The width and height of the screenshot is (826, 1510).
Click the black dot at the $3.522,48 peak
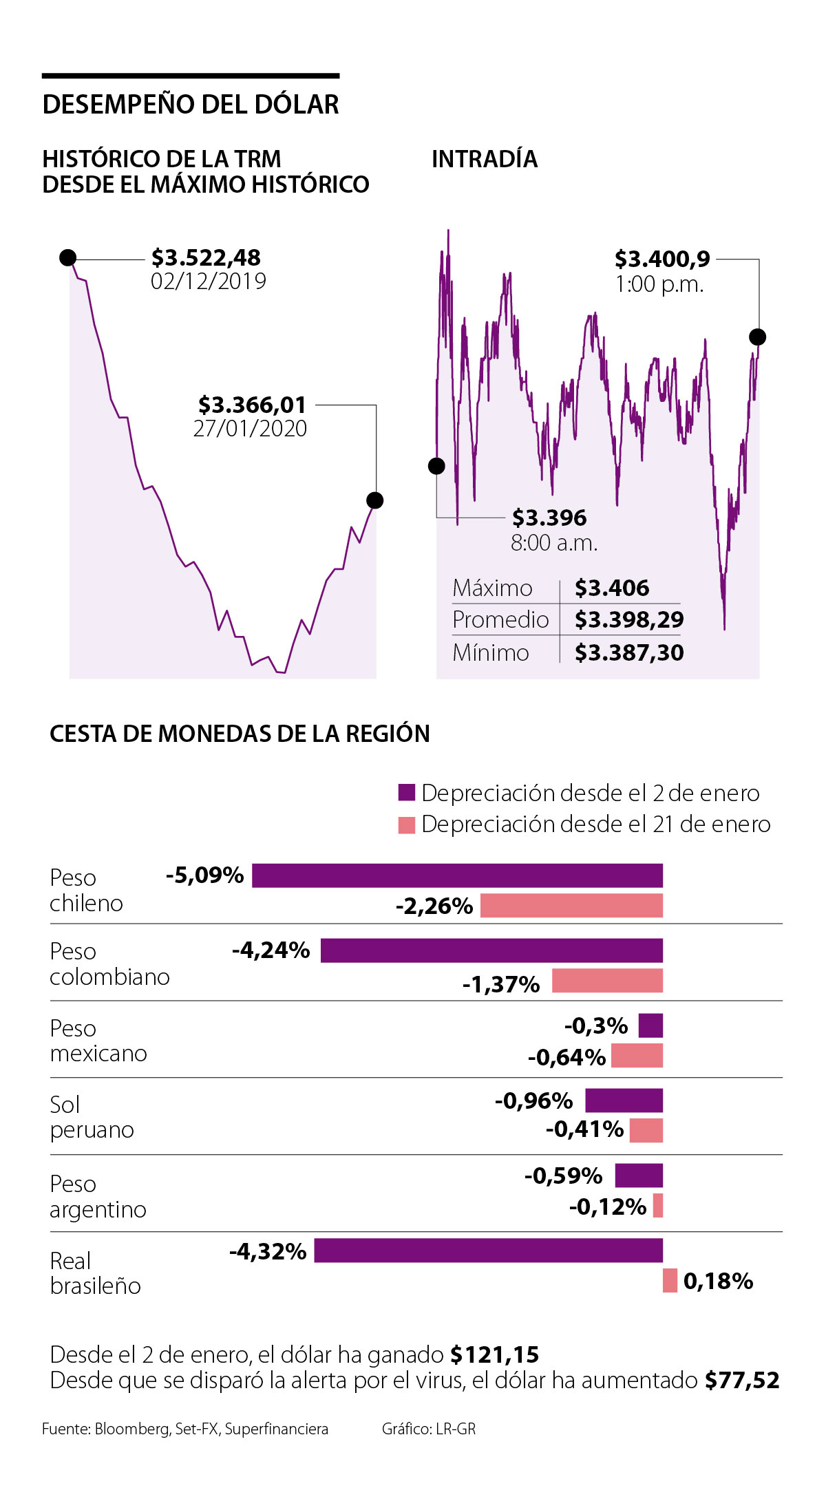67,257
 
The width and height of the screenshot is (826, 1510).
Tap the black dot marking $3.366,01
374,500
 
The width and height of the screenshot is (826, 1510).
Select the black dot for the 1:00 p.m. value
757,337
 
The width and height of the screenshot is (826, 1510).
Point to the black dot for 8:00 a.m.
436,466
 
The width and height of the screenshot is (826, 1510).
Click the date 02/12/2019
208,281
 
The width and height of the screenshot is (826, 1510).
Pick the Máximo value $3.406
611,588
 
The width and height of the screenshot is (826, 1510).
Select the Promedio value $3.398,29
628,620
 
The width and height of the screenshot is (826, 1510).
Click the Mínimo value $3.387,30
628,652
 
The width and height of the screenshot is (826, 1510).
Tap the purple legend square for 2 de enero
407,793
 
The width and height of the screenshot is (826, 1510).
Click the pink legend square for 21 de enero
407,825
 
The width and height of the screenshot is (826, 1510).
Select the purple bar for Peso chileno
457,875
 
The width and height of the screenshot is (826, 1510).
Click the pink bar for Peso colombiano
607,980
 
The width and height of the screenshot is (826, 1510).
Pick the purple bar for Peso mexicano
650,1025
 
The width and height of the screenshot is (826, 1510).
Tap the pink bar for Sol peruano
646,1130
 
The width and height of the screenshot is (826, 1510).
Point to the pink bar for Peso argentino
658,1206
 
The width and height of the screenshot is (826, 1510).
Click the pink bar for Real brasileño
670,1281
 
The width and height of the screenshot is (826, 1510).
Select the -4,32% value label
268,1251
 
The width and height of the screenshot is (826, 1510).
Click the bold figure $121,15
494,1354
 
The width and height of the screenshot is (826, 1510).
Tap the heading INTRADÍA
484,159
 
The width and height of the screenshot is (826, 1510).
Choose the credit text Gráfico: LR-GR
429,1429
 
